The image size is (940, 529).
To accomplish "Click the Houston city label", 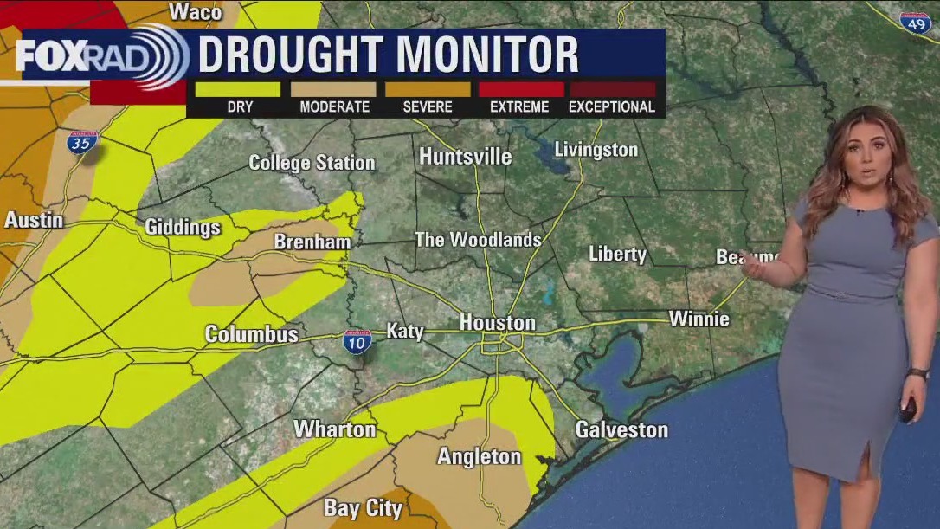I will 497,322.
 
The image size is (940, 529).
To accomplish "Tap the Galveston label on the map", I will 621,429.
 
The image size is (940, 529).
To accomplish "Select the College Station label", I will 312,162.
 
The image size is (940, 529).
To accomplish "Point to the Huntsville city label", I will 465,157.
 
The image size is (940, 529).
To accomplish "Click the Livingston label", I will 596,150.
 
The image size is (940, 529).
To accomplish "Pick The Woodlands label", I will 478,240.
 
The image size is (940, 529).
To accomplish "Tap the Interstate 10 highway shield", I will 357,341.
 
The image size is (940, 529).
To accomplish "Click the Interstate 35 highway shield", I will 81,143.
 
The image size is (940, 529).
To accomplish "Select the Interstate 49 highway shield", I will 915,23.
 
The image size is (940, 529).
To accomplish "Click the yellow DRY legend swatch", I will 238,88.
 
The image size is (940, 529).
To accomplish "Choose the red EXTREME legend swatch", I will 519,88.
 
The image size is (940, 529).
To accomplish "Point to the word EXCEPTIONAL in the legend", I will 612,107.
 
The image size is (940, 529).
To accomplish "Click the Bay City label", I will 363,507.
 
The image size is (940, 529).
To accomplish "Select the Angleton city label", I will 479,456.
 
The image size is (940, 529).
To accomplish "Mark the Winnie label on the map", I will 699,319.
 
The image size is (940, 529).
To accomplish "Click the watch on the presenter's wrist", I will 917,374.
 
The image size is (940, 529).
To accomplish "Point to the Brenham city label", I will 312,242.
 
